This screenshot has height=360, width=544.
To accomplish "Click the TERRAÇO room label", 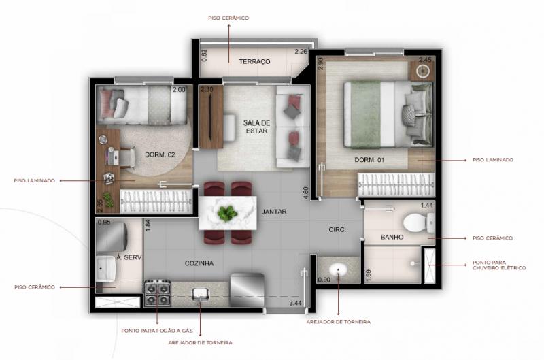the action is [254, 61].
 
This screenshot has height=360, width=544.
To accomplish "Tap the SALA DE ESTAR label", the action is [256, 127].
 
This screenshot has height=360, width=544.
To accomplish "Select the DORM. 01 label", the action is [369, 160].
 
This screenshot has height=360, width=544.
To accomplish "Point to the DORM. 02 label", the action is [160, 154].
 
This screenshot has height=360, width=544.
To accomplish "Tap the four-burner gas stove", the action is [158, 293].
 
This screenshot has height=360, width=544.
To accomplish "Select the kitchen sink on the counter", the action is [200, 294].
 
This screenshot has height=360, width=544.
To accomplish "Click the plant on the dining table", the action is [226, 213].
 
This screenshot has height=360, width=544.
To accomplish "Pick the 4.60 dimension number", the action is [305, 193].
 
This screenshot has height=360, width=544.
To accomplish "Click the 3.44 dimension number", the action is [295, 303].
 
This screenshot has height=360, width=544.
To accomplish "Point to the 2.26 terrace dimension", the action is [301, 51].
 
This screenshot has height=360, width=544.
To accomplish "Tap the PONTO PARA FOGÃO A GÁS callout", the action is [157, 331].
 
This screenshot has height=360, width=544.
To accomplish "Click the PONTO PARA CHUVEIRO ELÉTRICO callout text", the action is [499, 265].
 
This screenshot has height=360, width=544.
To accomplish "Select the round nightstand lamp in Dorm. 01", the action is [423, 71].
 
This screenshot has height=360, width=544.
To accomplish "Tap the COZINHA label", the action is [199, 263].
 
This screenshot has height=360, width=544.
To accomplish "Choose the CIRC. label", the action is [337, 229].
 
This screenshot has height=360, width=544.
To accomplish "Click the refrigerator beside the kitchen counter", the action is [247, 290].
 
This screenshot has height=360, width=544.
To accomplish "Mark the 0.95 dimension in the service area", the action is [104, 222].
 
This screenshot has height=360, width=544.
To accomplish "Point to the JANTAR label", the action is [274, 212].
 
